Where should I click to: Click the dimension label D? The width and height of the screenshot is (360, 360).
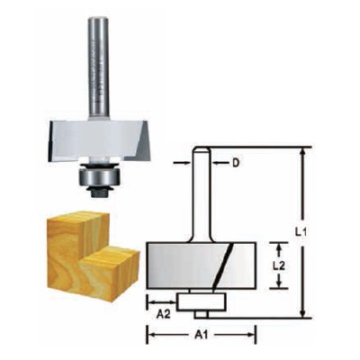point(235,162)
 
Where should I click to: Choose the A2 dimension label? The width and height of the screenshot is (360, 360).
point(162,315)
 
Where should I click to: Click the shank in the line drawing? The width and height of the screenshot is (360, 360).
point(202,193)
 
